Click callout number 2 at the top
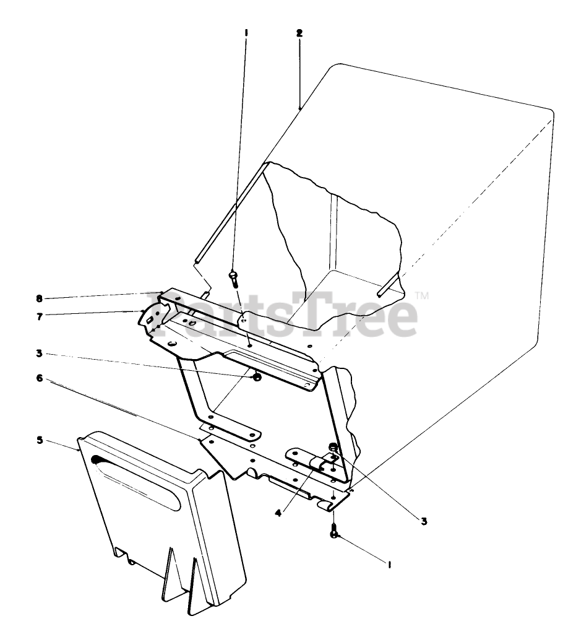coord(299,33)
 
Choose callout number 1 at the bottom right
coord(389,563)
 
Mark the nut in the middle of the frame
coord(255,376)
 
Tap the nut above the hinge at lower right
coord(333,447)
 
